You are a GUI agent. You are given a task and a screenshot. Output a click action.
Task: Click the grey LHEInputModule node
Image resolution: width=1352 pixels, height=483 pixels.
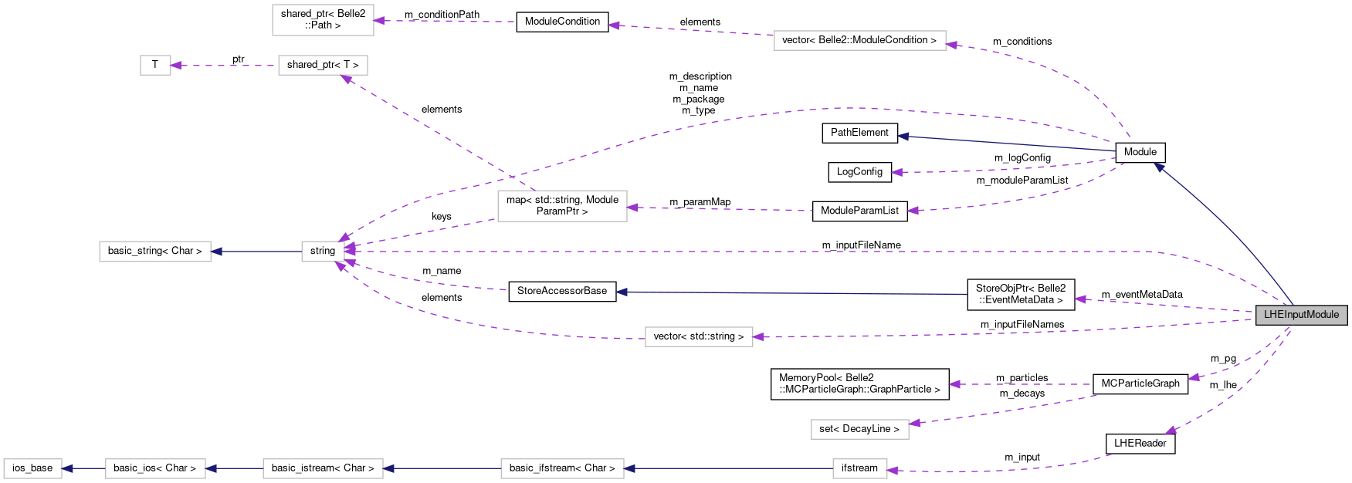(x=1301, y=315)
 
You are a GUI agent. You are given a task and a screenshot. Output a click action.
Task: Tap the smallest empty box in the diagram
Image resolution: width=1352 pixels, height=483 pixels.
(x=155, y=66)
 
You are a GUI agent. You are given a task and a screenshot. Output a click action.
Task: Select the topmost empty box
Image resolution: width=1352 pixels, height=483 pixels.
(x=323, y=20)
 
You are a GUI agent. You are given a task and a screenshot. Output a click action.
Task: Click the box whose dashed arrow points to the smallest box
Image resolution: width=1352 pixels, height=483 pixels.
(x=323, y=66)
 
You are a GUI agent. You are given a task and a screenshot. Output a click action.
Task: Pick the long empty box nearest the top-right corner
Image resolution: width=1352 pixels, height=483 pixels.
(x=859, y=41)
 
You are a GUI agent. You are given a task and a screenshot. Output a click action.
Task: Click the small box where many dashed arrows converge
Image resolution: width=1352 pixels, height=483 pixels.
(x=323, y=252)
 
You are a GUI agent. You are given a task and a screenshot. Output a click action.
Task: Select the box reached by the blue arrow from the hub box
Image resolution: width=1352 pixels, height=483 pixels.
(x=154, y=252)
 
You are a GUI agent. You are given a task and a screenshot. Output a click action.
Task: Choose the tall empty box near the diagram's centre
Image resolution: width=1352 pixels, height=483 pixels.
(x=562, y=206)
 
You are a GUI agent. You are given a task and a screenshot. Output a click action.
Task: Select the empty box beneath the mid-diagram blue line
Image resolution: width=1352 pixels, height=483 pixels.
(x=699, y=337)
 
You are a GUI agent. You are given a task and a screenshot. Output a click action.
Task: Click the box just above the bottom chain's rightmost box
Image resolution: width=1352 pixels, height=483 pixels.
(x=859, y=429)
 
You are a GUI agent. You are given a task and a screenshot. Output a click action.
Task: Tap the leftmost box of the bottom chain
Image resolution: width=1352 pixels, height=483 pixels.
(x=32, y=468)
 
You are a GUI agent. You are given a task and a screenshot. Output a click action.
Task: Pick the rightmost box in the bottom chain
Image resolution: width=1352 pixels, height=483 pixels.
(x=859, y=468)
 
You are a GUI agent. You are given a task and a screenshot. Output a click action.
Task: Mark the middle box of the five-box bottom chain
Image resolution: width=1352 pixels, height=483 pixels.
(x=323, y=468)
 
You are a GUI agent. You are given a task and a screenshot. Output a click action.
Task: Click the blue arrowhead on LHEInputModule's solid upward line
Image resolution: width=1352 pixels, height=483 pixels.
(x=1158, y=166)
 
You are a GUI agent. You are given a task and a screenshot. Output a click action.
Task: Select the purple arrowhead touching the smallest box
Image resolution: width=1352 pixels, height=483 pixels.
(x=176, y=66)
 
